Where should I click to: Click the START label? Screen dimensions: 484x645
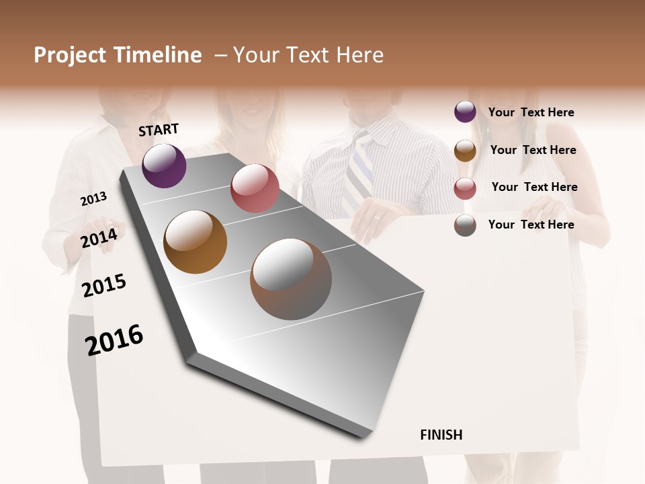(x=159, y=130)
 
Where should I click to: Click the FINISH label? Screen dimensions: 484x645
(x=441, y=435)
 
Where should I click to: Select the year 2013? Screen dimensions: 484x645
(x=93, y=199)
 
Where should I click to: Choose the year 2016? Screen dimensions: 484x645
(x=114, y=340)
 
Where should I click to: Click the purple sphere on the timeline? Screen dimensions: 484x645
(x=164, y=165)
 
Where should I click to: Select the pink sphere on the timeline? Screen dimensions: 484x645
(x=255, y=188)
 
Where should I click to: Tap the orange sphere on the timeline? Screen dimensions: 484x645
(x=195, y=242)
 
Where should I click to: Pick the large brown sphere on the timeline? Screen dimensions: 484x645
(x=291, y=279)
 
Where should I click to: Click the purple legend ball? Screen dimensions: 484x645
(x=465, y=112)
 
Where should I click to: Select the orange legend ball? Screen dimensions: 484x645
(x=465, y=151)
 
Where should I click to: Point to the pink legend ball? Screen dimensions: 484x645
(x=465, y=188)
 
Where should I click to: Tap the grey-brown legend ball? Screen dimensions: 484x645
(x=465, y=225)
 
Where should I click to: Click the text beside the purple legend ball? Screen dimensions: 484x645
(x=531, y=112)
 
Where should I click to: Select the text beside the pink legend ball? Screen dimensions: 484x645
(x=534, y=187)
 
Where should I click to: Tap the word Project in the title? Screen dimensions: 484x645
(x=71, y=55)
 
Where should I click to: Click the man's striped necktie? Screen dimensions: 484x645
(x=357, y=175)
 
